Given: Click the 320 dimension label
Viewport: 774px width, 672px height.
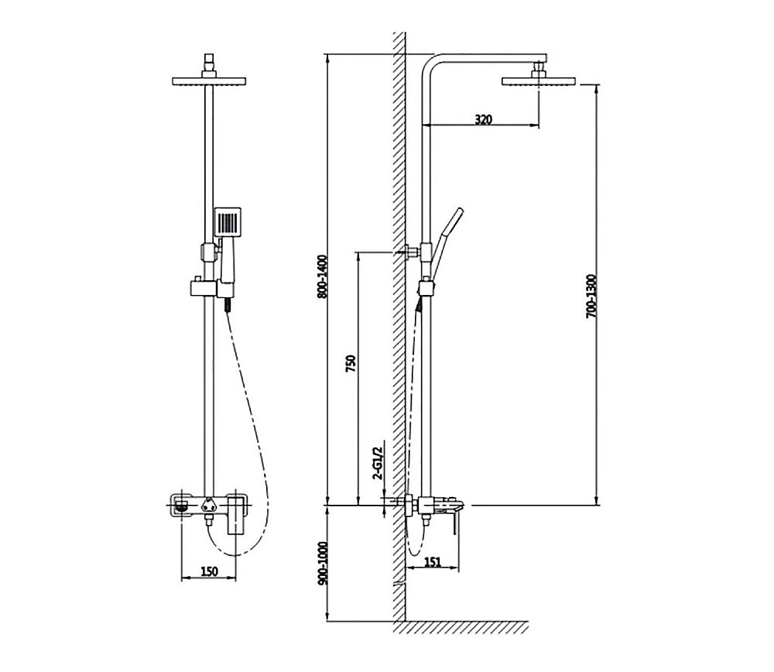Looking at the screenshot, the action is [483, 119].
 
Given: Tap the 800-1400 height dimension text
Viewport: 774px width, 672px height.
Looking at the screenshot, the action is [322, 276].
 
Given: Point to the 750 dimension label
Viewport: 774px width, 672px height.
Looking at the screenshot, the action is [351, 363].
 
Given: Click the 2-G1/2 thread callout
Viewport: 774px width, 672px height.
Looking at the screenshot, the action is [378, 464].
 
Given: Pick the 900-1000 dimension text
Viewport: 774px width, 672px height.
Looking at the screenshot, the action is [322, 564].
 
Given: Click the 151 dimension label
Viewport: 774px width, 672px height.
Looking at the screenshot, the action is [432, 562].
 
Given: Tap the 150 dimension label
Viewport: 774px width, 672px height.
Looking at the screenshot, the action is [209, 571].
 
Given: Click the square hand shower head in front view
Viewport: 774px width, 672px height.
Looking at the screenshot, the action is [228, 221].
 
